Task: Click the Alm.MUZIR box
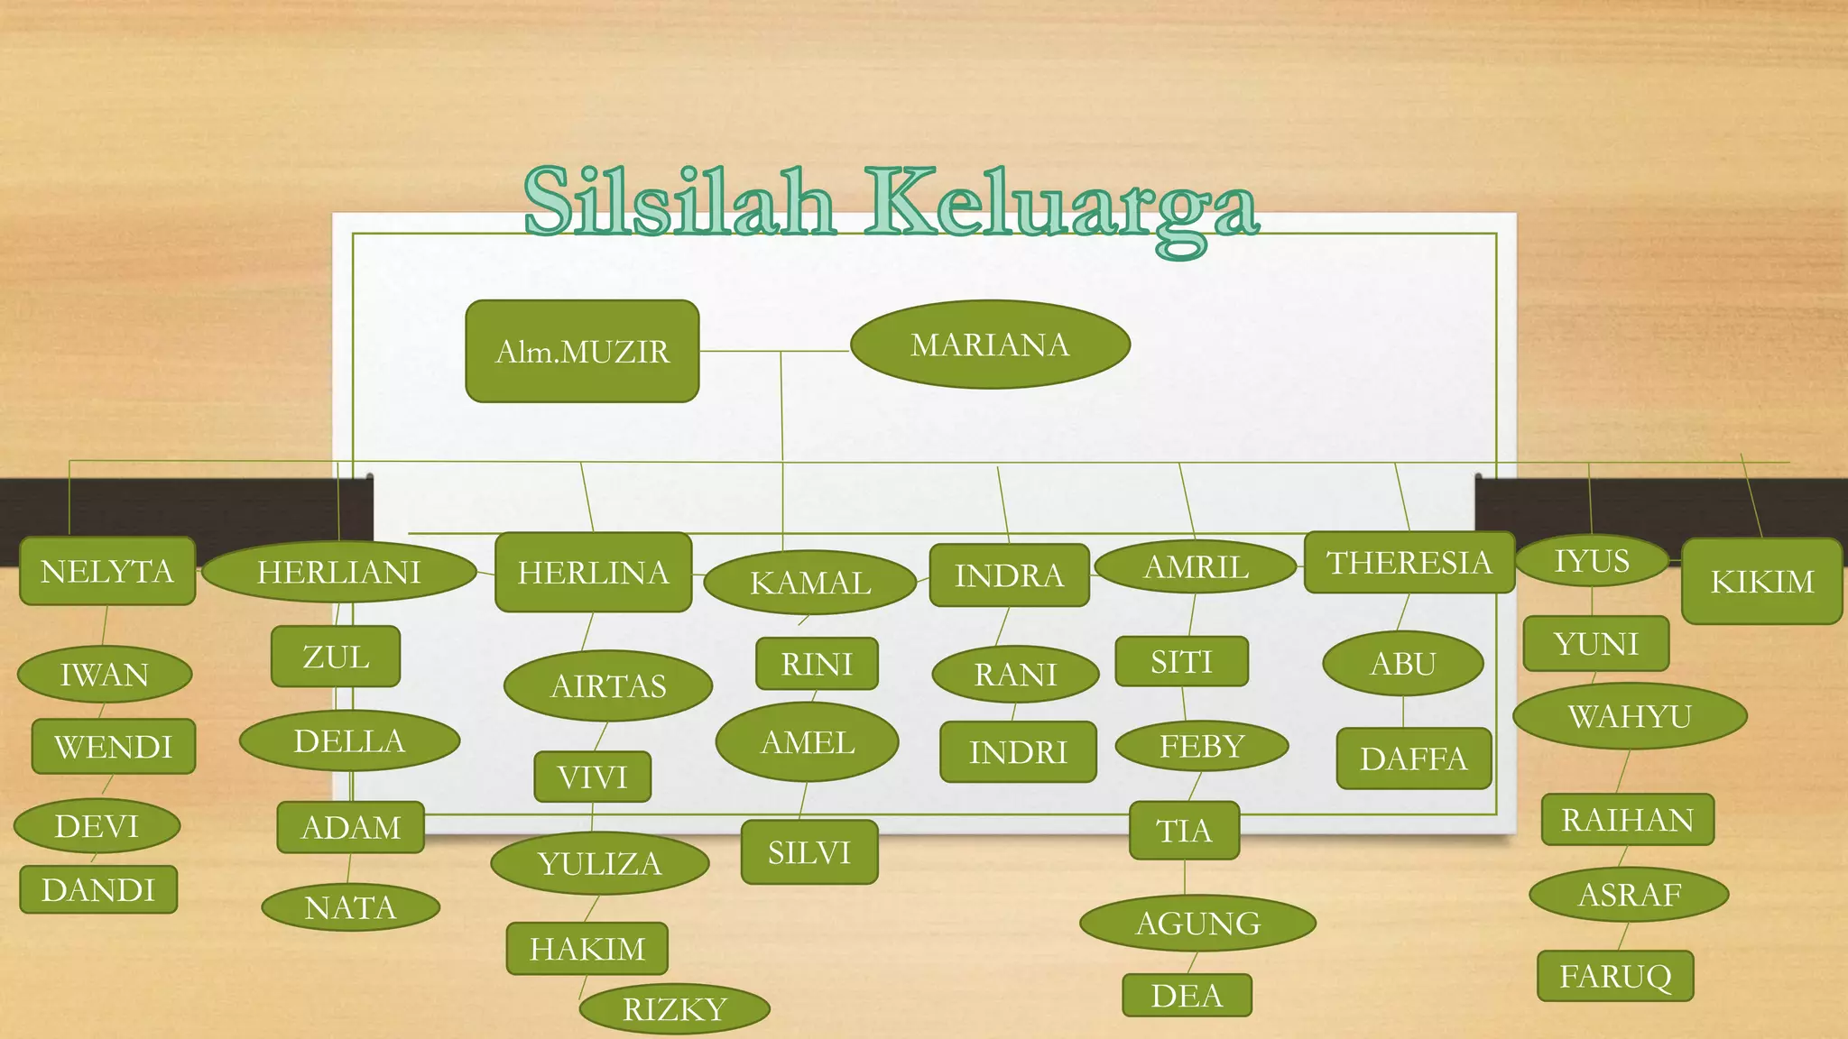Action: click(582, 351)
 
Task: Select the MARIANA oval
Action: click(990, 345)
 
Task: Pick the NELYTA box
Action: click(107, 571)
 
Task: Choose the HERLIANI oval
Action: click(339, 572)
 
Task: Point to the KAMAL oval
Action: click(810, 583)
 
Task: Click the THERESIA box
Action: click(1409, 562)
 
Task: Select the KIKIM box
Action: click(1761, 582)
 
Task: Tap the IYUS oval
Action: click(1592, 561)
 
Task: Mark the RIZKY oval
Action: click(674, 1008)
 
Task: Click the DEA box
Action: click(1187, 996)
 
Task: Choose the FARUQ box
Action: click(1615, 976)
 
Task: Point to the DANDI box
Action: click(98, 890)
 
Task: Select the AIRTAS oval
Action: click(608, 685)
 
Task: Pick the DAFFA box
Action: click(1413, 759)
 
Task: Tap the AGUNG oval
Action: click(1197, 923)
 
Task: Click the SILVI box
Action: click(809, 852)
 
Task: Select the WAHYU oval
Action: click(1630, 716)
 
